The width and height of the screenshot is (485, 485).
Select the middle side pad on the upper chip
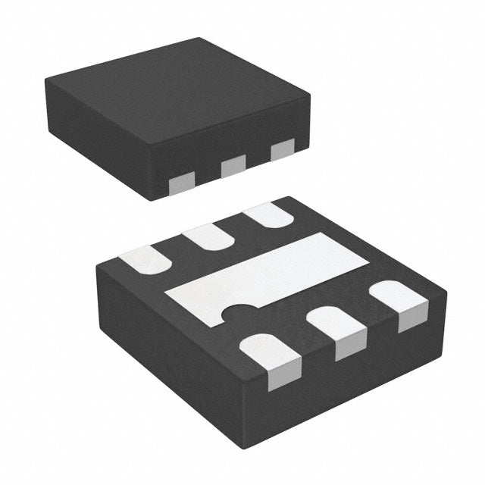tap(233, 165)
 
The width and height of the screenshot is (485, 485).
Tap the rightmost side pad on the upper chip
tap(282, 150)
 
